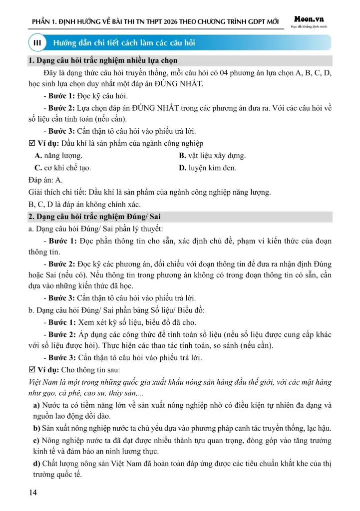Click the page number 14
[x=33, y=494]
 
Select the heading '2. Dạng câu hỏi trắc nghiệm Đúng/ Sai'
[x=94, y=217]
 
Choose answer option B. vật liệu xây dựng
[x=212, y=156]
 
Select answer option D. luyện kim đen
[x=208, y=168]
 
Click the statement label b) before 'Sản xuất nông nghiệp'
[x=37, y=428]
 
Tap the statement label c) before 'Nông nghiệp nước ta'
[x=37, y=440]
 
